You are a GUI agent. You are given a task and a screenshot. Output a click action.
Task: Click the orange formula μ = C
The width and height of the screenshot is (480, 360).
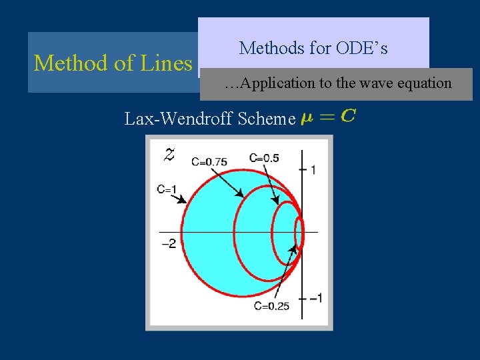pos(328,117)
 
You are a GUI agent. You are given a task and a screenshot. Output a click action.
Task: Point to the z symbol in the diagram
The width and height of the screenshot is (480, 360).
pos(170,155)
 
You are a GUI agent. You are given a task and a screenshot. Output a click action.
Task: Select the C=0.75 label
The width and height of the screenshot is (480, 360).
pos(209,161)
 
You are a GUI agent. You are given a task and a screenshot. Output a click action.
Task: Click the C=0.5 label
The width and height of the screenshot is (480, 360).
pos(264,157)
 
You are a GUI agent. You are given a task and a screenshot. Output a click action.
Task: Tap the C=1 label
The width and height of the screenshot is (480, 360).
pos(167,189)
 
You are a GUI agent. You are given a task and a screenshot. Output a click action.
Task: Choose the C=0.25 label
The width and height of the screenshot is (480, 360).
pos(271,305)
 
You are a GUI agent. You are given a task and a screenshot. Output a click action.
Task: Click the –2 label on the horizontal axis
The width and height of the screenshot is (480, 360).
pos(168,243)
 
